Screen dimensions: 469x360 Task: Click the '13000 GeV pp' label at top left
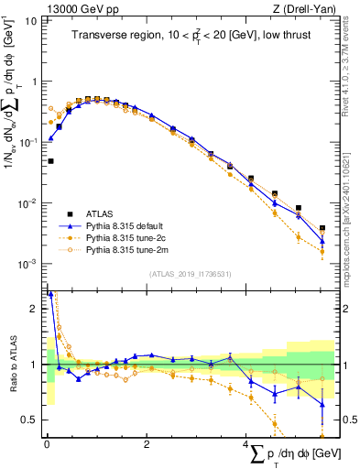tap(78, 9)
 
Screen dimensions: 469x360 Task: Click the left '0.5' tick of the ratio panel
tap(30, 420)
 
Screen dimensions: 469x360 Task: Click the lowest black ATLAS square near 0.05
tap(50, 161)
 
